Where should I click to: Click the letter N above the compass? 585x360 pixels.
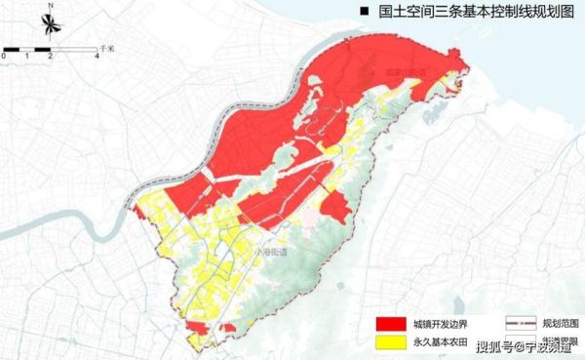tap(50, 6)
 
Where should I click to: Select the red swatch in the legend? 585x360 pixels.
tap(388, 322)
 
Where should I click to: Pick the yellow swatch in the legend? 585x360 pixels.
tap(388, 342)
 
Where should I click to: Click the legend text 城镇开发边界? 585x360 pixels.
tap(439, 322)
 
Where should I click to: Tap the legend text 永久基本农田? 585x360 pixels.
tap(439, 342)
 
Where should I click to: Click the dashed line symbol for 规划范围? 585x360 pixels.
tap(521, 321)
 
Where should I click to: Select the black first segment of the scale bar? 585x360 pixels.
tap(16, 49)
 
